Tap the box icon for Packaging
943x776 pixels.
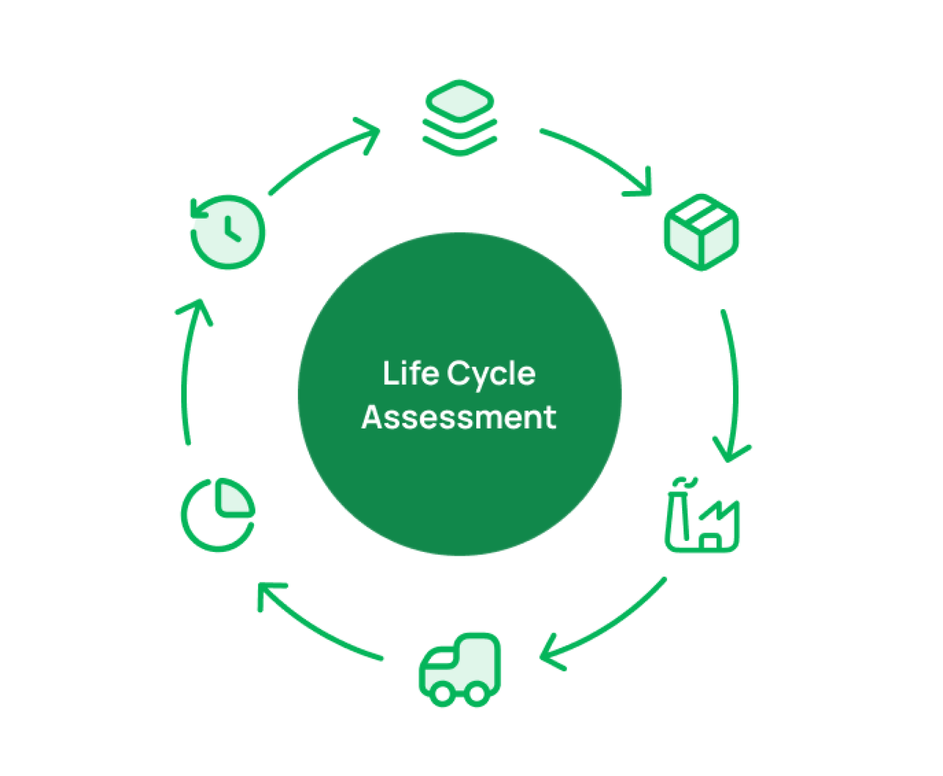(x=701, y=232)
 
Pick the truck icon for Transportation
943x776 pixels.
(x=460, y=669)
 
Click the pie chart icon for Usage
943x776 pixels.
(x=218, y=515)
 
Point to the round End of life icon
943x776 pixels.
(x=228, y=232)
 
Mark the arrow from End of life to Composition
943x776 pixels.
(x=324, y=154)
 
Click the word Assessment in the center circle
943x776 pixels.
(x=459, y=417)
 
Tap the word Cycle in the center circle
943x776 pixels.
(x=491, y=375)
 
